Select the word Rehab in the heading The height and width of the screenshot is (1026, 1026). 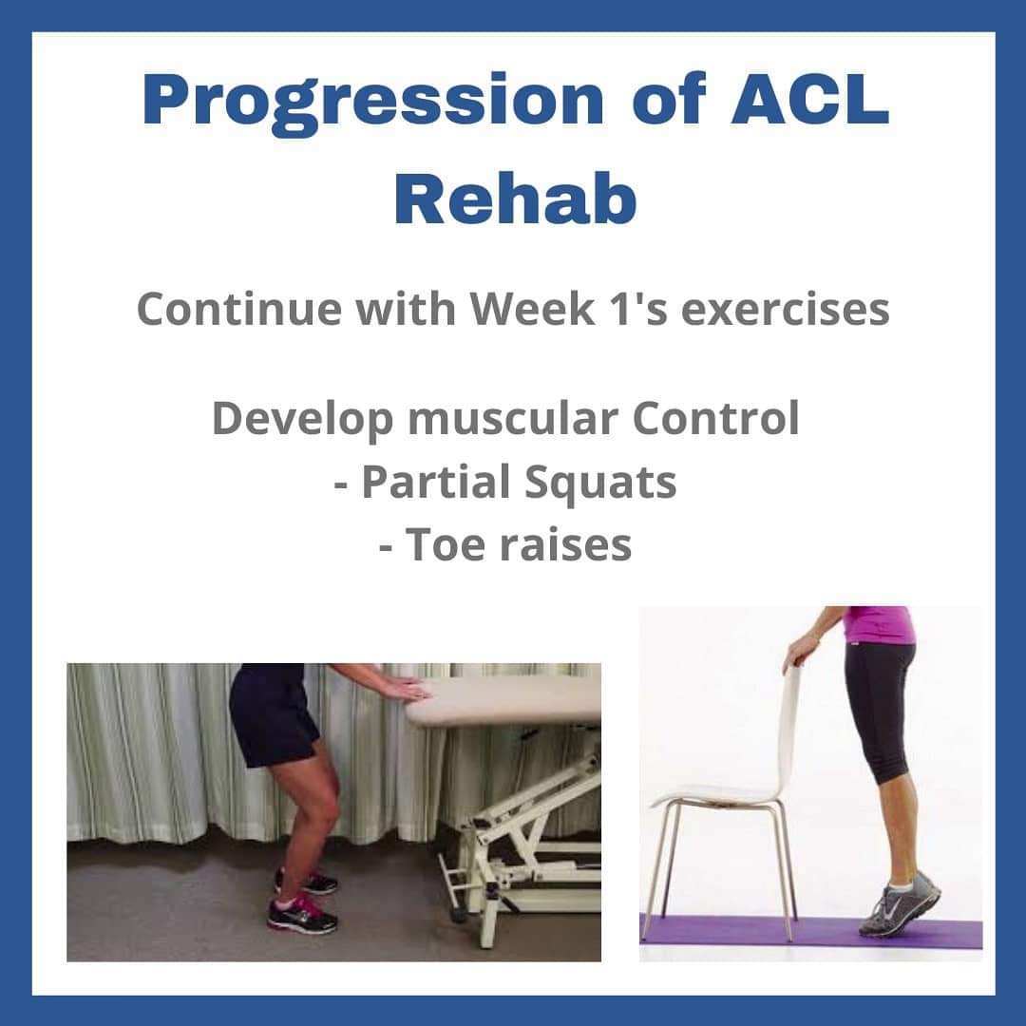coord(515,197)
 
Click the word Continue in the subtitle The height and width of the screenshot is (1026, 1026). coord(238,308)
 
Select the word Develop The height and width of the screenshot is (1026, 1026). coord(302,420)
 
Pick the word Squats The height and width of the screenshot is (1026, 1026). coord(600,482)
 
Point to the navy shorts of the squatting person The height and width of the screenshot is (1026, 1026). coord(273,713)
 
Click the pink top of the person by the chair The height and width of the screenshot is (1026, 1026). coord(877,625)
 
